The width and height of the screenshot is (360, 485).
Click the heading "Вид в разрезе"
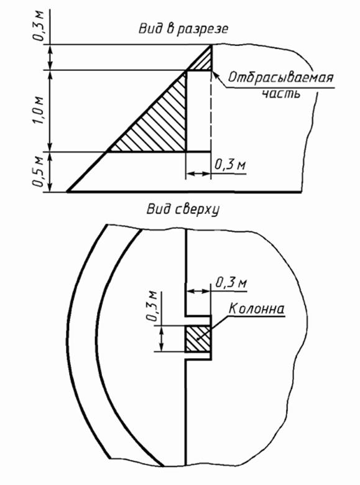183,29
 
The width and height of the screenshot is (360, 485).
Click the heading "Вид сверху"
183,210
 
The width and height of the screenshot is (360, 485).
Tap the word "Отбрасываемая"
281,77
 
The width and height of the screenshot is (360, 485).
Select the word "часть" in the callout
281,93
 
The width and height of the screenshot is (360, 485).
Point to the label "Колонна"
256,308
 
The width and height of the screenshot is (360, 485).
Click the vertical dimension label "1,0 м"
39,111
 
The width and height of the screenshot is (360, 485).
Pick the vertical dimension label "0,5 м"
39,172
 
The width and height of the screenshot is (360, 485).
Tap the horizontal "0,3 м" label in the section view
230,165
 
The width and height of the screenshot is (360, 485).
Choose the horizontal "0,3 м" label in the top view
231,282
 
